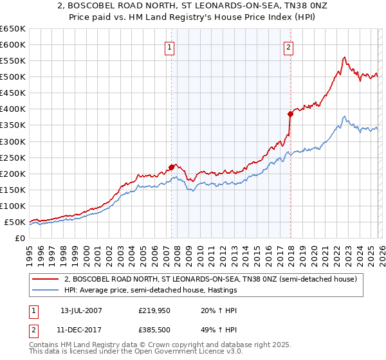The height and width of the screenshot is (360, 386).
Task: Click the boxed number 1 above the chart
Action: click(169, 46)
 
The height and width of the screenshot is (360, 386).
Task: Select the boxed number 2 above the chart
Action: click(289, 46)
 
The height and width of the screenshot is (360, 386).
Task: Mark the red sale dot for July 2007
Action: click(171, 167)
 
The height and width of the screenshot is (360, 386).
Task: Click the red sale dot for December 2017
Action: click(290, 114)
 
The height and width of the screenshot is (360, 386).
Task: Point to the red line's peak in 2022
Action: click(345, 57)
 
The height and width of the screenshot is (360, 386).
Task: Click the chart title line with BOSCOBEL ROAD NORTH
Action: click(193, 6)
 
